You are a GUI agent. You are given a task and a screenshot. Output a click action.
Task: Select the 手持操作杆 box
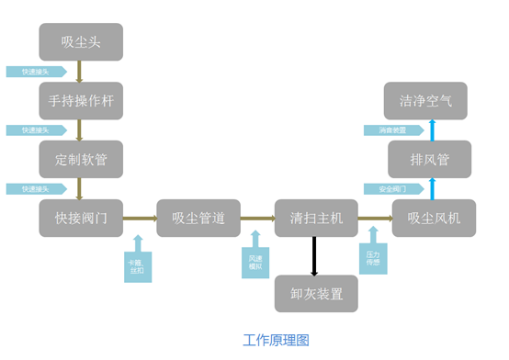tap(80, 98)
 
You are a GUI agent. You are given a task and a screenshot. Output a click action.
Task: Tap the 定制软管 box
tap(80, 159)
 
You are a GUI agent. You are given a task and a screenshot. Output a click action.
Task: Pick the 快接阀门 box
tap(80, 219)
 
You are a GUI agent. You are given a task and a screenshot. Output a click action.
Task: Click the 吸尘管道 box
tap(198, 219)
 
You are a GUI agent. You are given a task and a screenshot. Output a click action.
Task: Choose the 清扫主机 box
tap(315, 219)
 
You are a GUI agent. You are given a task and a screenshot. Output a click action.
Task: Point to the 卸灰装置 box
tap(315, 293)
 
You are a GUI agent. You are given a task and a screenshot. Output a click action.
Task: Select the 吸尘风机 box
tap(433, 219)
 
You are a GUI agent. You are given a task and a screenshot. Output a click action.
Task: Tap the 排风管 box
tap(433, 159)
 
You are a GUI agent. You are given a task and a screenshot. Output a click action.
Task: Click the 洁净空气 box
tap(433, 99)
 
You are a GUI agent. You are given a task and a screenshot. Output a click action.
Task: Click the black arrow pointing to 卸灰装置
tap(315, 256)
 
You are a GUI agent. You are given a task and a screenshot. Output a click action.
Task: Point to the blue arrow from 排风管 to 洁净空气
tap(433, 129)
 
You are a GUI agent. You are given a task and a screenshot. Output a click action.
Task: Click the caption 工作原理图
tap(276, 340)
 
